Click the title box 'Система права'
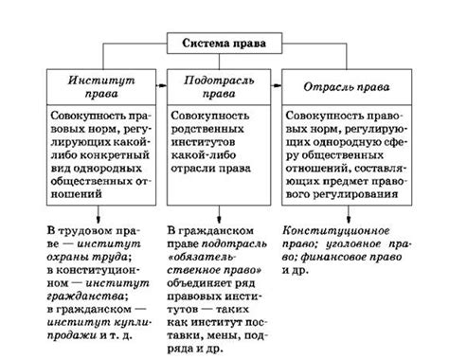click(x=224, y=43)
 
